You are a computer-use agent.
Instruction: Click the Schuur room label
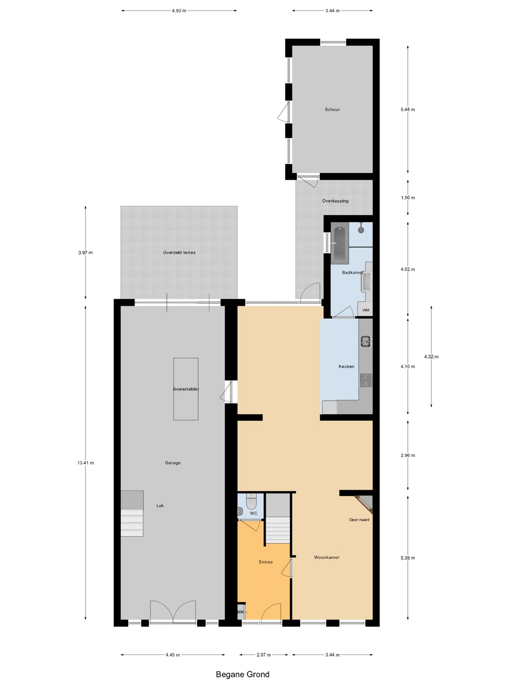(332, 109)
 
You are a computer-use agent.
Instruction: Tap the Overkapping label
(335, 201)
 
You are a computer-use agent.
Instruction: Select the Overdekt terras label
(179, 252)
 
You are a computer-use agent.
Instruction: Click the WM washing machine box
(365, 310)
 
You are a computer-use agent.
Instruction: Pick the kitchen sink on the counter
(365, 341)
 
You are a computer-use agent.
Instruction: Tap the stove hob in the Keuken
(365, 380)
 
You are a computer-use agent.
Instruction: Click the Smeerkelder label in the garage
(186, 389)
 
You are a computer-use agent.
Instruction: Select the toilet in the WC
(251, 501)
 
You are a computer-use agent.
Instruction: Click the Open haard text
(359, 519)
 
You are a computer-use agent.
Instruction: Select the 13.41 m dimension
(86, 462)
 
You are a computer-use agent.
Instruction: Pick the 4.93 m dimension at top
(179, 11)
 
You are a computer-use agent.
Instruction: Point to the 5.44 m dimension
(408, 109)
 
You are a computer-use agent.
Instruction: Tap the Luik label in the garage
(160, 505)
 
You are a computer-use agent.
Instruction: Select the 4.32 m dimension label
(431, 356)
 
